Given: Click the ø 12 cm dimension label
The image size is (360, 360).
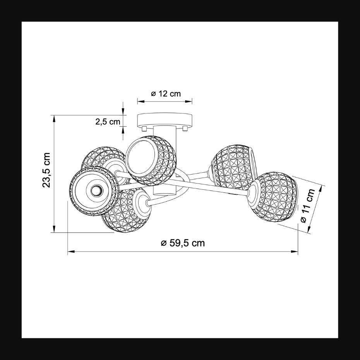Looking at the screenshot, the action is pos(166,94).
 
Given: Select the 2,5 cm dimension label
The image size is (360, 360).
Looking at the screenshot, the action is pos(108,122).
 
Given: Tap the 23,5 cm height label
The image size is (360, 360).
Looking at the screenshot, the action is pos(46,170).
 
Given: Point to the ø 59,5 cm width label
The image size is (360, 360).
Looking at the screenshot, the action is pos(183,243).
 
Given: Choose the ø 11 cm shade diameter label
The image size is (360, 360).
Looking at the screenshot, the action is pos(308,206).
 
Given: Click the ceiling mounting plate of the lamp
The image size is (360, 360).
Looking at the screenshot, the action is pos(165,120).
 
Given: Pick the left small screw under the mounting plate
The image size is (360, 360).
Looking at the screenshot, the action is pos(144,129).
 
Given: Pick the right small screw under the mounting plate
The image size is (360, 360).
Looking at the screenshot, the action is pos(185,129).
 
